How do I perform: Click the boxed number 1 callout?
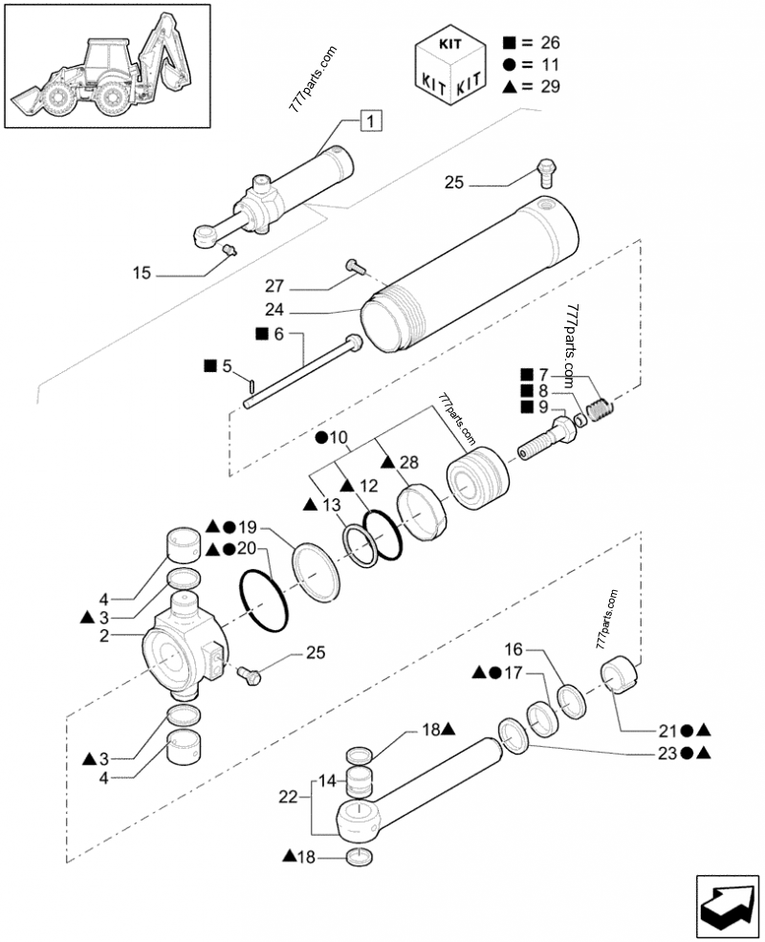pos(370,120)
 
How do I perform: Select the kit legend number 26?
pos(550,43)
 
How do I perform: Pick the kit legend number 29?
pos(550,86)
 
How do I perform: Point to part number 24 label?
pos(274,310)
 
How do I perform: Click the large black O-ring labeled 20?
pos(264,602)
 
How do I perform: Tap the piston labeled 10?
pos(478,478)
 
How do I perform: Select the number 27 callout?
pos(274,286)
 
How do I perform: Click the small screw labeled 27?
pos(355,267)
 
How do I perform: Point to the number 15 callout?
pos(142,274)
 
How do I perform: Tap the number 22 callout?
pos(288,798)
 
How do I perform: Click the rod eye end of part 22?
pos(358,822)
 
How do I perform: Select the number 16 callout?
pos(514,649)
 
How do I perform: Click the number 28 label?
pos(409,462)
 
